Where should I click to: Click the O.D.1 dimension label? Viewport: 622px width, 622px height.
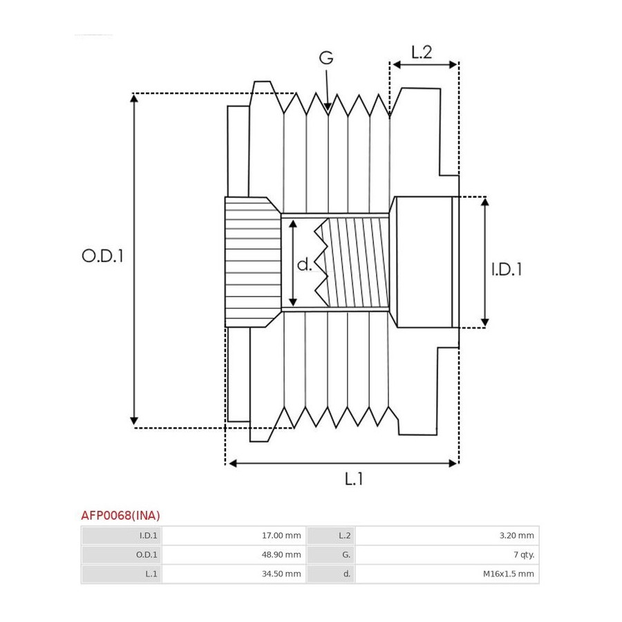coord(102,256)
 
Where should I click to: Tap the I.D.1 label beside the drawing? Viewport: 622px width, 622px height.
coord(506,269)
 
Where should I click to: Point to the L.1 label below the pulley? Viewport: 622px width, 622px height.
coord(354,478)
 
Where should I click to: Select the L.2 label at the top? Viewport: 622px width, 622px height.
coord(422,52)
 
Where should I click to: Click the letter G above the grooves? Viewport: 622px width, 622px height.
coord(326,58)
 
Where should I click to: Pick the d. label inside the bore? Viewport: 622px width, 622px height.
coord(305,264)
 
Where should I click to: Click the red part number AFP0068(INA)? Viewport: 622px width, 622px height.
coord(121,515)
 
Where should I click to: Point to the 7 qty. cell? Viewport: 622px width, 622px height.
coord(521,554)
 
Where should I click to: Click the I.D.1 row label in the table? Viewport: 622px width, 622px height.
coord(149,536)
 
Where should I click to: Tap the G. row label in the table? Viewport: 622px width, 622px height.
coord(346,554)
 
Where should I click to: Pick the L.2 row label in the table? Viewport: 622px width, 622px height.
coord(346,536)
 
